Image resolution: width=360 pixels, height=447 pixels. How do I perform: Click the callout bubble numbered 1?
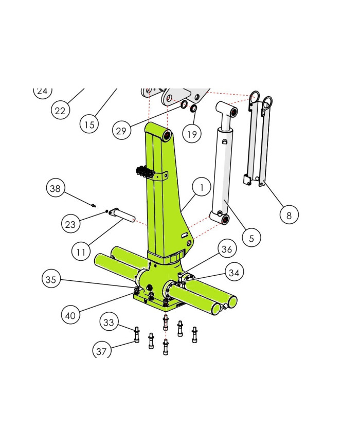tap(202, 187)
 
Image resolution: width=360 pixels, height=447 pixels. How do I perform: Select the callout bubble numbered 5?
tap(251, 238)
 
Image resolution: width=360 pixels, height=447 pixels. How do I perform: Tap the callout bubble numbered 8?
tap(289, 214)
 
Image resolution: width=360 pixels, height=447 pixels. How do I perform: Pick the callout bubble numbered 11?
tap(81, 252)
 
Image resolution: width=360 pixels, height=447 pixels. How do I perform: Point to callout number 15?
tap(89, 124)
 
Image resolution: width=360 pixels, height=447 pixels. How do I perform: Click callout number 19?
tap(192, 134)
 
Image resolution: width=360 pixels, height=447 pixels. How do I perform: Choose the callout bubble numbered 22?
tap(60, 110)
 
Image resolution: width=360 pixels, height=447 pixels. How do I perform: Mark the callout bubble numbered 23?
tap(70, 224)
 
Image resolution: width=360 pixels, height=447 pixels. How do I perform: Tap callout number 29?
tap(121, 131)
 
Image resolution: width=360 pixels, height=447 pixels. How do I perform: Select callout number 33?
tap(109, 322)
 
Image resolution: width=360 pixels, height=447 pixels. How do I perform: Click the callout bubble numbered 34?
tap(234, 272)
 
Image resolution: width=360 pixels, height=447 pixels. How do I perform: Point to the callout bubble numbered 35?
tap(51, 279)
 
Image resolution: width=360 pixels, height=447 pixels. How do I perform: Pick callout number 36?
tap(227, 248)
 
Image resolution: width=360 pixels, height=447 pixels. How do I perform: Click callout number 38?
tap(56, 188)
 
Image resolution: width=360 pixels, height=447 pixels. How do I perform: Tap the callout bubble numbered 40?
tap(70, 315)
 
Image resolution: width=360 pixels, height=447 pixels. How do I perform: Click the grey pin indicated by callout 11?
tap(121, 214)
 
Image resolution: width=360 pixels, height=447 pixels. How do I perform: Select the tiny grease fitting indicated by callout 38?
tap(94, 205)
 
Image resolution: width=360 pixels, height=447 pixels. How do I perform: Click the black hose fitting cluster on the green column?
tap(145, 172)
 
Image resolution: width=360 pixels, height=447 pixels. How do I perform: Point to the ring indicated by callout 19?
tap(193, 109)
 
